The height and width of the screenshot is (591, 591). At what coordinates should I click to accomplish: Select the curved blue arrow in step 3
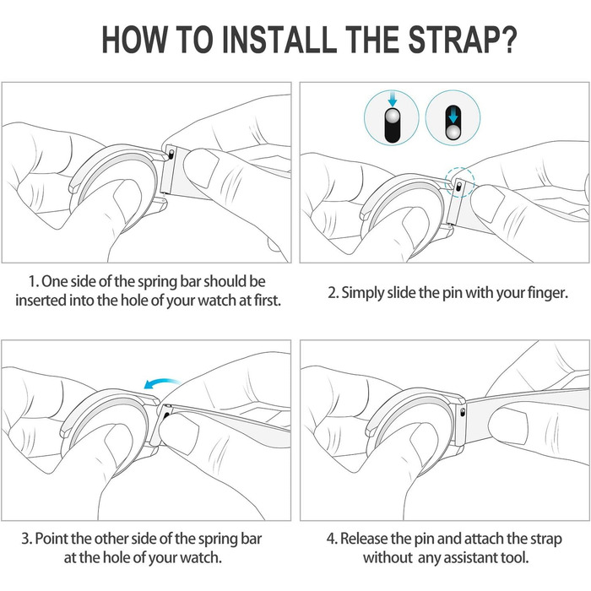[x=161, y=383]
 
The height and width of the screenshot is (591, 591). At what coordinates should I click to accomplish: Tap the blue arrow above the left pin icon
[x=393, y=99]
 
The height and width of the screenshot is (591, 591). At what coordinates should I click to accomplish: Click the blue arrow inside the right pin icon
[x=453, y=116]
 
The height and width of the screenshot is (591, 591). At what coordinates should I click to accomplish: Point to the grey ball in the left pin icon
[x=393, y=116]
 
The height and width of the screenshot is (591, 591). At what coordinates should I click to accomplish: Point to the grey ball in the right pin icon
[x=453, y=133]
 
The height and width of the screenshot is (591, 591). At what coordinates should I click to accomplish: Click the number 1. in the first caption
[x=34, y=281]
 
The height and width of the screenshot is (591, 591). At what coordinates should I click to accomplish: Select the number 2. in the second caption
[x=333, y=292]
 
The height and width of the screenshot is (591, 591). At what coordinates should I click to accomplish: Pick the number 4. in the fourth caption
[x=332, y=539]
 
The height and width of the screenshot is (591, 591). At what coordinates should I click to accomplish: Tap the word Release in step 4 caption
[x=365, y=539]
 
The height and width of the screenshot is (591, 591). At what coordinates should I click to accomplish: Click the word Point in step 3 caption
[x=52, y=539]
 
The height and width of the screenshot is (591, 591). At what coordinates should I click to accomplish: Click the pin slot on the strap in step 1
[x=171, y=154]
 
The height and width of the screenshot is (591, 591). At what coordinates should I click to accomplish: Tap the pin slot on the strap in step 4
[x=463, y=412]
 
